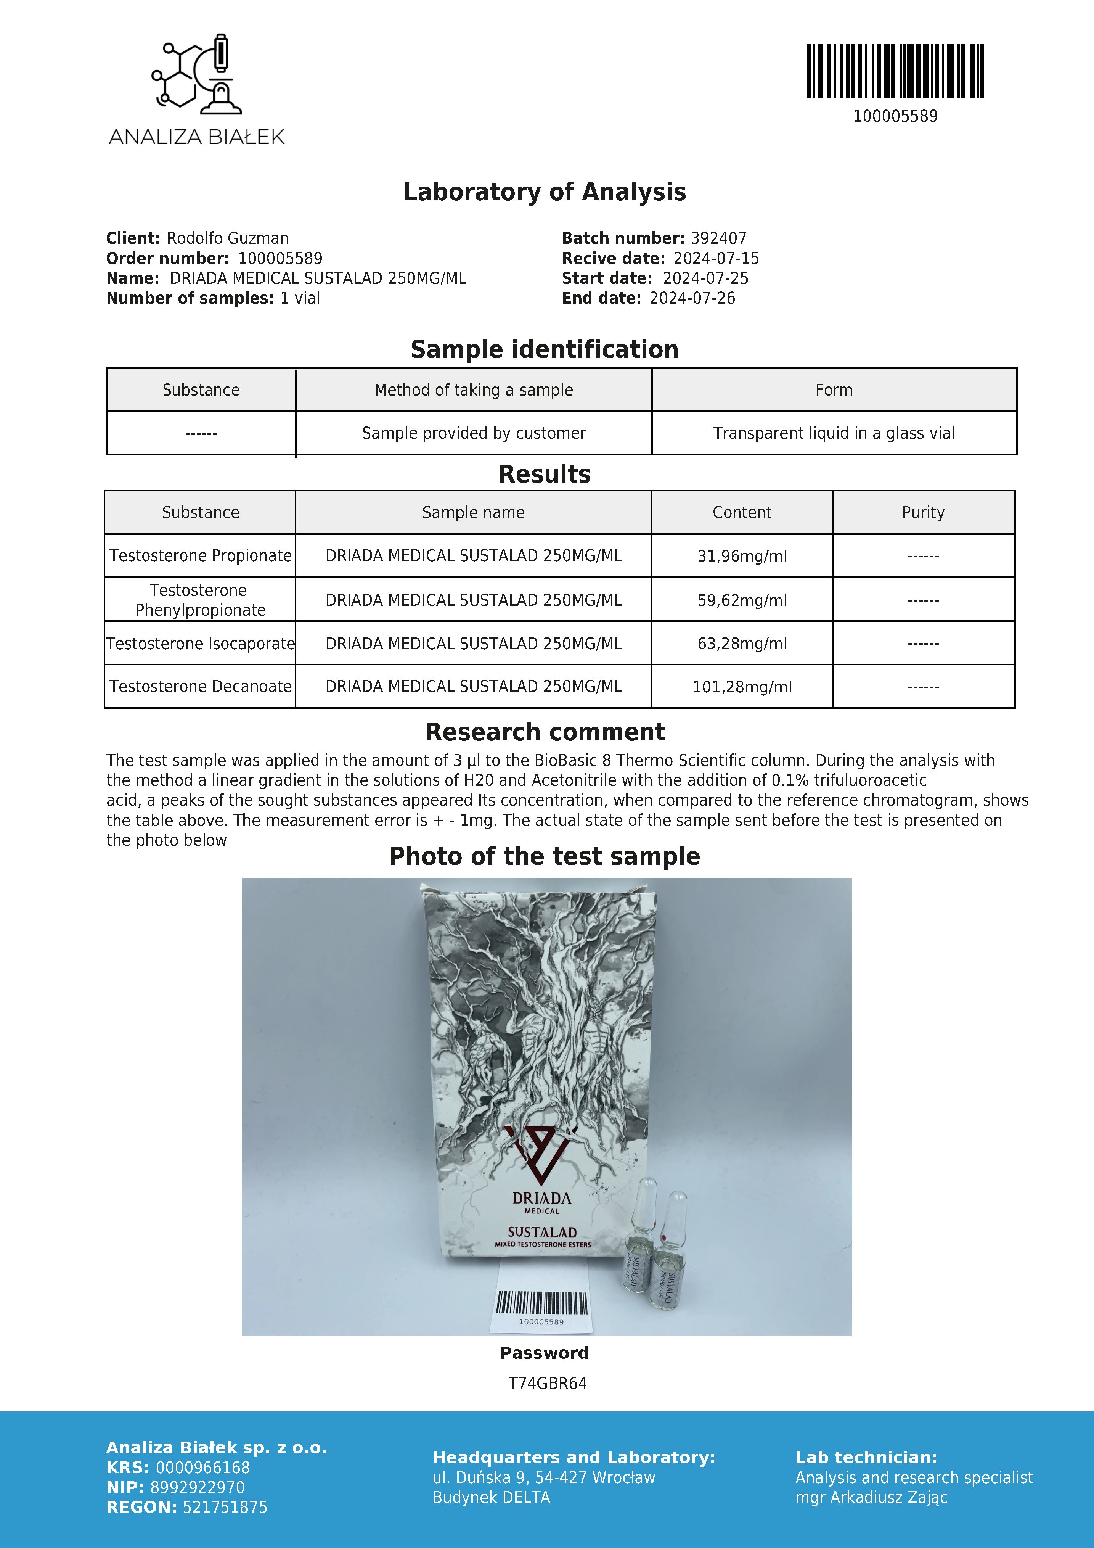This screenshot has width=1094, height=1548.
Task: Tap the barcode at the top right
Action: [895, 71]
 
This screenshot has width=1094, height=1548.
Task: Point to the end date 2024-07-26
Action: [692, 299]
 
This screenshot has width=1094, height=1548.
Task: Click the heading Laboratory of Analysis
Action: [544, 192]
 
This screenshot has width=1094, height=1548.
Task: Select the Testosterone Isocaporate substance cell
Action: [200, 644]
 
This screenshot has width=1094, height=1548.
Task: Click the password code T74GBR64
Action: [547, 1384]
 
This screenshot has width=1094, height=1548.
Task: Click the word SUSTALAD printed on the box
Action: [542, 1232]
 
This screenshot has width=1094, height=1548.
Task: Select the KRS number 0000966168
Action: [202, 1468]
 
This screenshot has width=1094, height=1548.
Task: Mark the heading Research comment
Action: [545, 732]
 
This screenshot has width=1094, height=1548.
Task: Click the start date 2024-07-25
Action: [705, 278]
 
